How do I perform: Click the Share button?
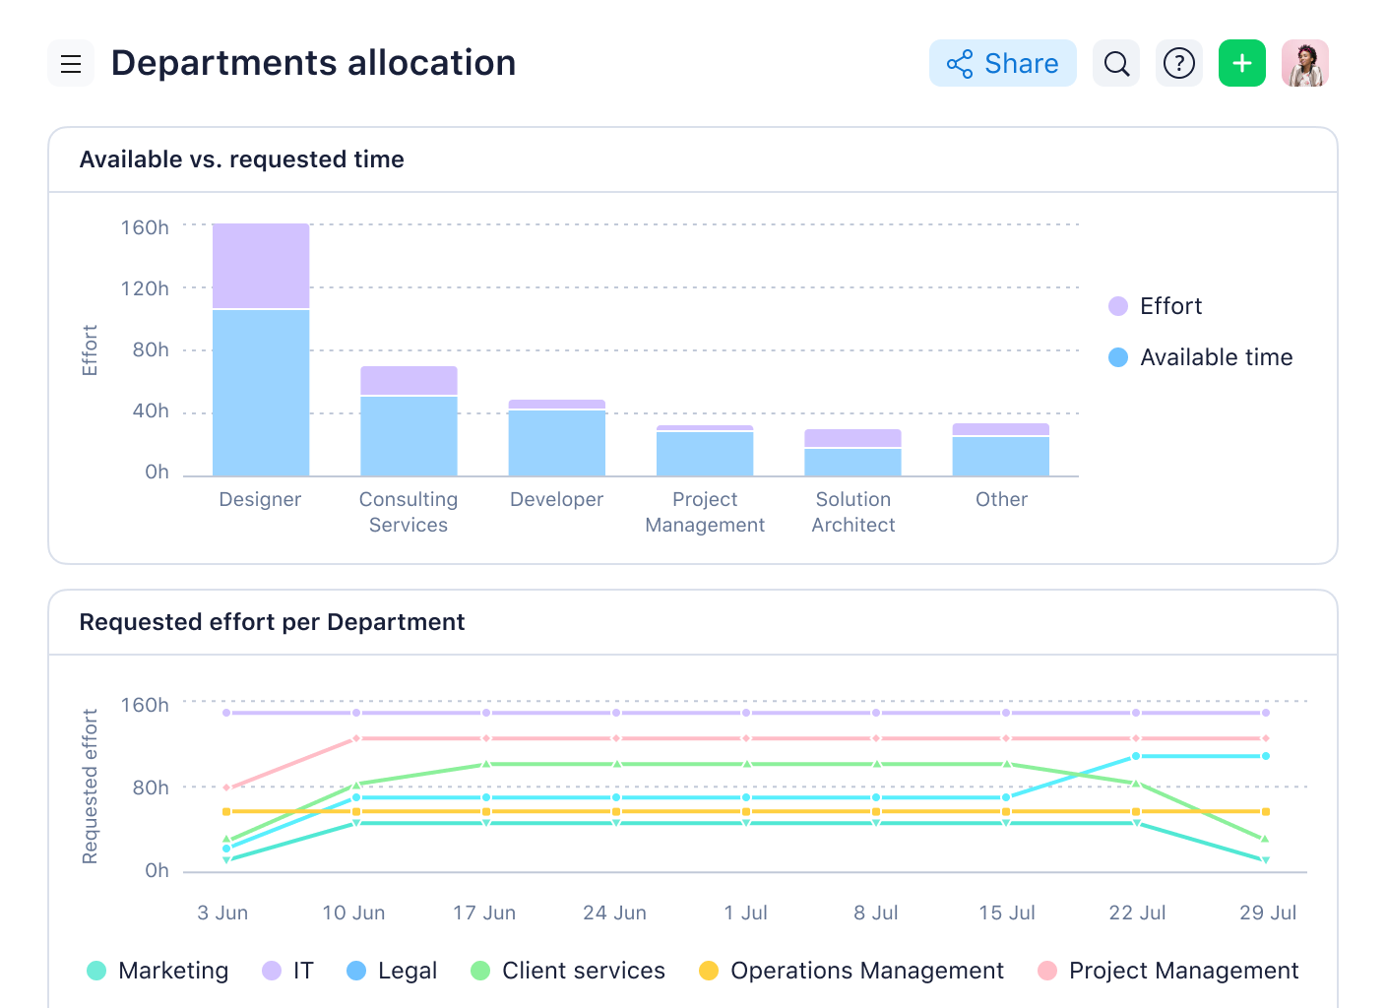tap(1002, 64)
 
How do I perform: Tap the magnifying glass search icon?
tap(1116, 64)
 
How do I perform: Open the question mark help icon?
tap(1178, 64)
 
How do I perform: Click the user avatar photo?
tap(1304, 64)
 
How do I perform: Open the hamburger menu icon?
tap(71, 64)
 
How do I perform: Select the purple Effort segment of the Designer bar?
tap(261, 266)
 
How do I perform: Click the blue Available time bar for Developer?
tap(556, 443)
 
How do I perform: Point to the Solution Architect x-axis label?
tap(852, 512)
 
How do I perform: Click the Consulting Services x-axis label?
tap(409, 512)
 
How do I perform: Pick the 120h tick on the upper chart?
tap(145, 288)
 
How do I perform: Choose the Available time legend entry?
tap(1201, 357)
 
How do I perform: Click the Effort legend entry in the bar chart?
tap(1156, 306)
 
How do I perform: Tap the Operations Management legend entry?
tap(851, 971)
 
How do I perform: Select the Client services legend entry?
tap(569, 971)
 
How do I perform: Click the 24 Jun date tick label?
tap(614, 913)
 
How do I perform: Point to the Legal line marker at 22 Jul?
tap(1136, 756)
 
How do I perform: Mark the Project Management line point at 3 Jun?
tap(226, 787)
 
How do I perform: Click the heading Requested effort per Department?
tap(272, 622)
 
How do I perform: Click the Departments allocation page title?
tap(313, 63)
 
